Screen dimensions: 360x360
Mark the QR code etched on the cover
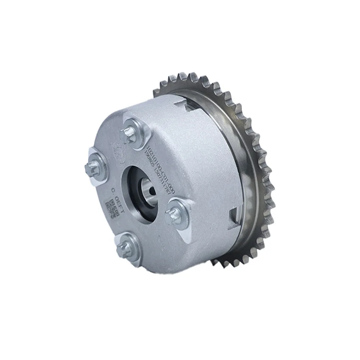pos(110,209)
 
